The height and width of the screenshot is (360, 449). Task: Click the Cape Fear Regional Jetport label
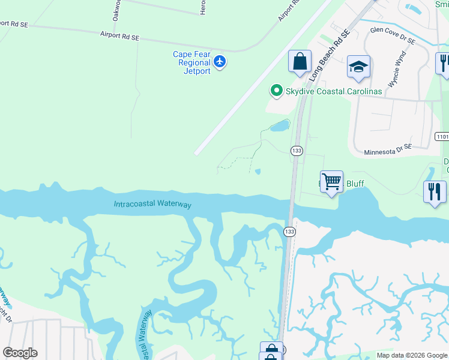pyautogui.click(x=191, y=62)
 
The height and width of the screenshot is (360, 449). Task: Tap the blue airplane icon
pyautogui.click(x=220, y=61)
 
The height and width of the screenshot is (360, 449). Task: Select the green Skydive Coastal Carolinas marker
pyautogui.click(x=276, y=91)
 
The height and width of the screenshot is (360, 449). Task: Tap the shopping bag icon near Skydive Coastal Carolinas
pyautogui.click(x=300, y=61)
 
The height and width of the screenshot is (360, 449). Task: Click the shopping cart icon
pyautogui.click(x=331, y=181)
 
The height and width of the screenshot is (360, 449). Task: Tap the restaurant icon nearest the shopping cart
pyautogui.click(x=435, y=191)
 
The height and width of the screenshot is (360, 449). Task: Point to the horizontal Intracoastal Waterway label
pyautogui.click(x=152, y=205)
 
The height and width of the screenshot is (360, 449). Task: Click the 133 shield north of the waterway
pyautogui.click(x=296, y=150)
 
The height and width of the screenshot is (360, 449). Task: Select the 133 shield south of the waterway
pyautogui.click(x=289, y=231)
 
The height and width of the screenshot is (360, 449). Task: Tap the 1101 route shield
pyautogui.click(x=442, y=137)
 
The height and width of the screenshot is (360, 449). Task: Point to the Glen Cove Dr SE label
pyautogui.click(x=393, y=34)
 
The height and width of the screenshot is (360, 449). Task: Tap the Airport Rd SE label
pyautogui.click(x=119, y=37)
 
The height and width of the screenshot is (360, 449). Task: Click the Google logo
pyautogui.click(x=20, y=353)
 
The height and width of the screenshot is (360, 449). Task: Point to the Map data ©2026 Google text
pyautogui.click(x=412, y=355)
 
